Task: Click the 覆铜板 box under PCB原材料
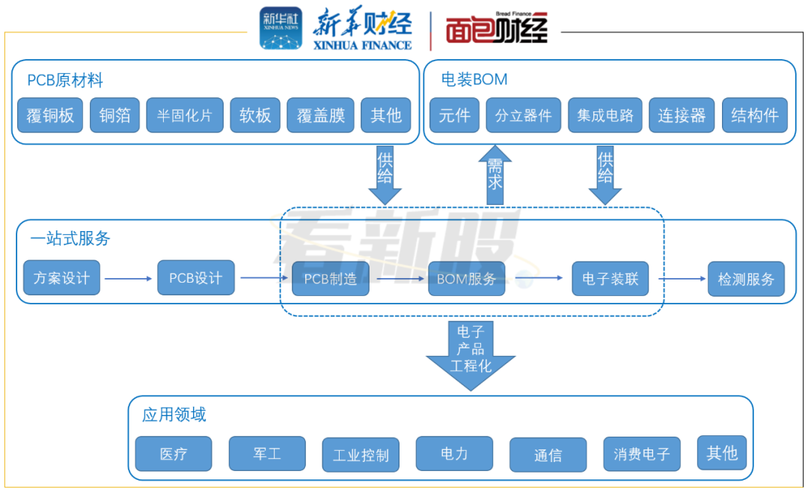[x=50, y=115]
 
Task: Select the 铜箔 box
[x=115, y=115]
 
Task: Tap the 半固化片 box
[x=185, y=115]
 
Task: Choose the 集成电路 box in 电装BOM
[x=605, y=115]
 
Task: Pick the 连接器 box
[x=682, y=115]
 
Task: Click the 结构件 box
[x=755, y=115]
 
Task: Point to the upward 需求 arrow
[x=495, y=175]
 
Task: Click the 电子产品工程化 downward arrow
[x=471, y=356]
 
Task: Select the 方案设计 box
[x=62, y=277]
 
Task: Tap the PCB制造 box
[x=331, y=279]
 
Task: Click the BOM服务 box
[x=467, y=279]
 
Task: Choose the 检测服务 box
[x=746, y=279]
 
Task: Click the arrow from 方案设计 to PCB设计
[x=129, y=279]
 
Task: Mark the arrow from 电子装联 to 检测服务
[x=682, y=279]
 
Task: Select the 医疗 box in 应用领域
[x=174, y=453]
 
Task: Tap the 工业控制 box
[x=361, y=455]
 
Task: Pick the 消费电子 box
[x=642, y=454]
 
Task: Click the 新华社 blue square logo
[x=281, y=28]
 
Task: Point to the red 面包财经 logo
[x=497, y=29]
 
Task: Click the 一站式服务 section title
[x=70, y=238]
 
